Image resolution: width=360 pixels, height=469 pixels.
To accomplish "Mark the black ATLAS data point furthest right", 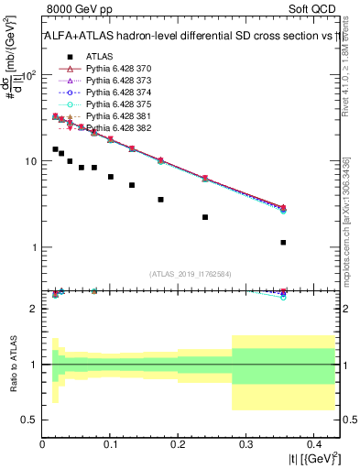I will pyautogui.click(x=284, y=243).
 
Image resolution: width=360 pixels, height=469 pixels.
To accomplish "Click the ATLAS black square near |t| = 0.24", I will pyautogui.click(x=205, y=217).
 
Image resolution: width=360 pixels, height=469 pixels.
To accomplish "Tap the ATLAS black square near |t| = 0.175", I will pyautogui.click(x=160, y=199).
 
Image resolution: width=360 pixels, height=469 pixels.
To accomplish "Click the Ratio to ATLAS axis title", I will pyautogui.click(x=12, y=364).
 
